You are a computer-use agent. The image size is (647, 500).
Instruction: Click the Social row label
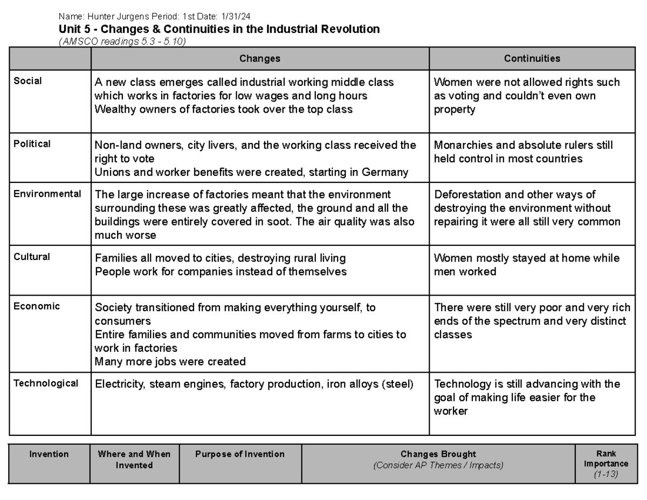click(27, 81)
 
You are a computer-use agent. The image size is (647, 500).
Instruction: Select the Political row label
click(32, 144)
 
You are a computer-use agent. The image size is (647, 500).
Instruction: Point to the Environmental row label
click(47, 194)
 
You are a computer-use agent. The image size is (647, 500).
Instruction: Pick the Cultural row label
click(32, 257)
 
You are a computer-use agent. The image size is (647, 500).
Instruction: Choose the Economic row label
click(37, 306)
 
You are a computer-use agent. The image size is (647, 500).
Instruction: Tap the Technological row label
click(46, 383)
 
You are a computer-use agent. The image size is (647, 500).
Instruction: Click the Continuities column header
click(532, 59)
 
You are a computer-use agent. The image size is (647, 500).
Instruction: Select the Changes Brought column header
click(438, 454)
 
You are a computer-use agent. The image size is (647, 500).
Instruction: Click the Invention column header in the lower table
click(49, 454)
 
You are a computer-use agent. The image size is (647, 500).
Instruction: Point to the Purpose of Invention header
click(240, 454)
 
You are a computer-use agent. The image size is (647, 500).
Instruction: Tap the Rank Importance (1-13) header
click(606, 464)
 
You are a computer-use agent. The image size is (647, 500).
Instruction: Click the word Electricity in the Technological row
click(118, 385)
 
